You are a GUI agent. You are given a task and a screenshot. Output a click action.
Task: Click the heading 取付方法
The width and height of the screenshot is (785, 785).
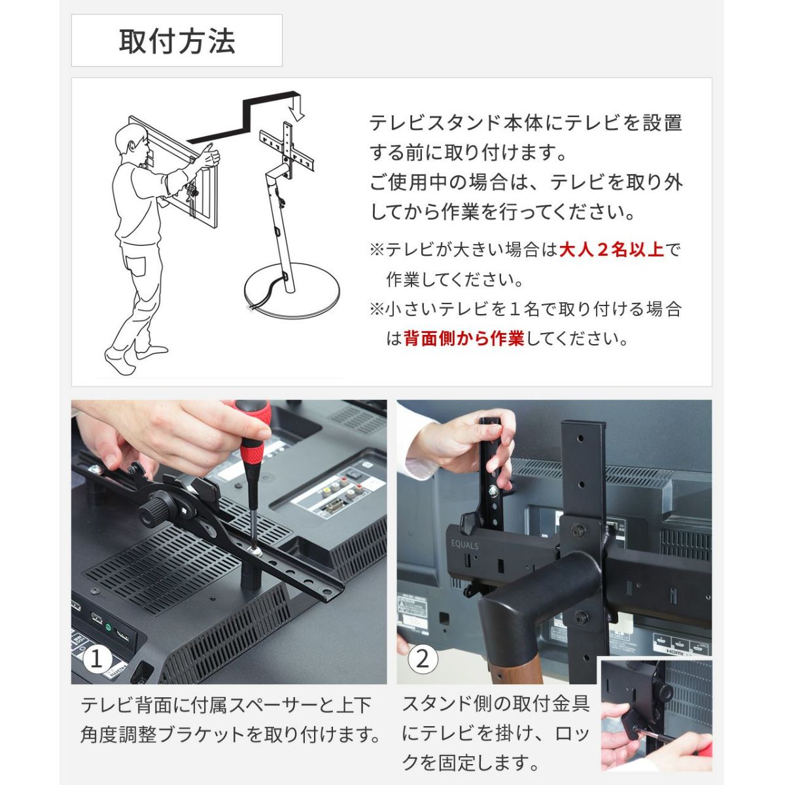point(177,41)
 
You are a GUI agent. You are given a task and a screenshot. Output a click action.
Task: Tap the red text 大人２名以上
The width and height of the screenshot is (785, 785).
point(612,250)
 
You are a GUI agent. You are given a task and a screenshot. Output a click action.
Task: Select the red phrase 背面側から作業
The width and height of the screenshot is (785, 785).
point(464,338)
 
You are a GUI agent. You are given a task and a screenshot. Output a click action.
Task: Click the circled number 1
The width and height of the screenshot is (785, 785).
point(96,659)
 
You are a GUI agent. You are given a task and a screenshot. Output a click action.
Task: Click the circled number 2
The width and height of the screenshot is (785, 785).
point(423,659)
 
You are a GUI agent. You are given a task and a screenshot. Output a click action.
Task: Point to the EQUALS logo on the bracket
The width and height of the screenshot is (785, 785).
point(464,545)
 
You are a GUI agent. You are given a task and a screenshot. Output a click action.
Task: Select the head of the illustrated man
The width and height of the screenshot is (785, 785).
point(131,142)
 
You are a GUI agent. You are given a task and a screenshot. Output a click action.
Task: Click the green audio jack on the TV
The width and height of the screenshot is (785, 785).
point(109,628)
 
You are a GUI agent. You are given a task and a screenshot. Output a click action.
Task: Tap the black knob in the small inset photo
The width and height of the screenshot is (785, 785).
point(663,691)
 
